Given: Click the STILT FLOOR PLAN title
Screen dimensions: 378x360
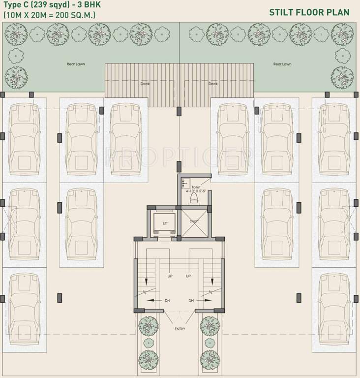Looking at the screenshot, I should click(x=309, y=12).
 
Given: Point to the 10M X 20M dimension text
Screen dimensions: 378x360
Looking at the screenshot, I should click(x=49, y=15).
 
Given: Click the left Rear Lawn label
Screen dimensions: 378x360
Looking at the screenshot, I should click(x=76, y=64).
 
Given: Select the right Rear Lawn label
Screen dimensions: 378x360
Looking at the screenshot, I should click(x=282, y=64).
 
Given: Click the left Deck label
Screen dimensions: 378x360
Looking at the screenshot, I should click(x=145, y=84).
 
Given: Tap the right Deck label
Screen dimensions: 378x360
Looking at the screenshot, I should click(x=213, y=84).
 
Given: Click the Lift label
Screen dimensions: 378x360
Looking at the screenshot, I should click(x=165, y=223).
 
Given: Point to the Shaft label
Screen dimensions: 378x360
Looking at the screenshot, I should click(x=194, y=221).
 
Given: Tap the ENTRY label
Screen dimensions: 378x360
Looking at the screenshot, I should click(x=180, y=329).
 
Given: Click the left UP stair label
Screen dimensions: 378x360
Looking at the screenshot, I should click(x=170, y=276).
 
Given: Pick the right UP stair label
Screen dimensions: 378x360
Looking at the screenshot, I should click(x=188, y=276).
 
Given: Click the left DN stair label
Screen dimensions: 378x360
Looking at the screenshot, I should click(x=167, y=300).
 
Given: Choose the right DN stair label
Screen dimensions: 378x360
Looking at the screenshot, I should click(x=191, y=300).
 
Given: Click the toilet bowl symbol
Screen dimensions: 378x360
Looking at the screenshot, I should click(x=194, y=199).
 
